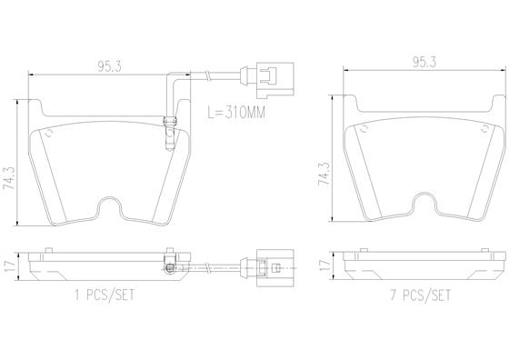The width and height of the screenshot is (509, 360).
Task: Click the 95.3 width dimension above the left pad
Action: click(x=110, y=66)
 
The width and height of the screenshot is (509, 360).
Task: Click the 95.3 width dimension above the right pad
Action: click(x=424, y=62)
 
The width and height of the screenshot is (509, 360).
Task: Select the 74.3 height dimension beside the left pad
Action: click(x=9, y=178)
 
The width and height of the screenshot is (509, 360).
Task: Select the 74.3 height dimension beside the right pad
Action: click(x=324, y=174)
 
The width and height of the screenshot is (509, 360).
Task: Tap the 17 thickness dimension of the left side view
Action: click(x=9, y=266)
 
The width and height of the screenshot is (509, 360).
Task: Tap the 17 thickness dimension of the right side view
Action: click(x=324, y=265)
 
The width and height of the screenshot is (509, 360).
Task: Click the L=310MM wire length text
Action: click(x=236, y=113)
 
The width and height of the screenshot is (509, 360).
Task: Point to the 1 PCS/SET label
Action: click(x=105, y=295)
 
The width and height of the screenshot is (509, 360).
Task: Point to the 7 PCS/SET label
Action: click(x=420, y=295)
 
